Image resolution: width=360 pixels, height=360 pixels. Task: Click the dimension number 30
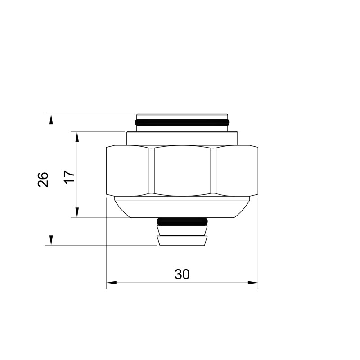click(x=182, y=274)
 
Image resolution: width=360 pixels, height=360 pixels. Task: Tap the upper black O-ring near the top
click(x=182, y=122)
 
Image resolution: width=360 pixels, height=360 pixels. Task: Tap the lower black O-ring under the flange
click(x=182, y=221)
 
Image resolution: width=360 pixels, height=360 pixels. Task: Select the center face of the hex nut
click(x=182, y=171)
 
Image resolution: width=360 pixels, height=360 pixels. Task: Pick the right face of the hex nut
click(x=237, y=171)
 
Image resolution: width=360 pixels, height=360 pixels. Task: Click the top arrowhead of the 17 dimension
click(x=77, y=136)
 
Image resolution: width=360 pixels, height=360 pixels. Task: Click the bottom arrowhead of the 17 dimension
click(x=77, y=214)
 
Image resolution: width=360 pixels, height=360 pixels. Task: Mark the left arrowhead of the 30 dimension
click(x=111, y=283)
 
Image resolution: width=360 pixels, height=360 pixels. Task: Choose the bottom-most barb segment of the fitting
click(x=182, y=241)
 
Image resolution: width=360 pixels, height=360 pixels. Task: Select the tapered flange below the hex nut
click(x=182, y=209)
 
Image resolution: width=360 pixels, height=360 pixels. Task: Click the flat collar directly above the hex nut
click(x=182, y=138)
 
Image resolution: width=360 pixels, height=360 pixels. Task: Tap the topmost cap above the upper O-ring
click(x=182, y=116)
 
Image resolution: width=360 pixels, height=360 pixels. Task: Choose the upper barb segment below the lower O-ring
click(x=182, y=231)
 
